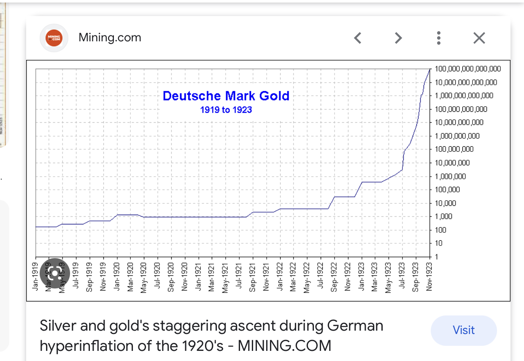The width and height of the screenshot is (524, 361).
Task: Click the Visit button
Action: pos(464,330)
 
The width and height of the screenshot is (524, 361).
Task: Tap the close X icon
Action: pos(479,38)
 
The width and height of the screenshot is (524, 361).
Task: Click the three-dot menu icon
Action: pos(439,38)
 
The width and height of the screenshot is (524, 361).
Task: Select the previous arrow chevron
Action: pos(358,38)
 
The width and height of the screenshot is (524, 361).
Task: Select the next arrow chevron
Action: pos(398,38)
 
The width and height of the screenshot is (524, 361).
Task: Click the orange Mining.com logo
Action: pos(54,38)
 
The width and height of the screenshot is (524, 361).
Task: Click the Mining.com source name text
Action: pos(110,38)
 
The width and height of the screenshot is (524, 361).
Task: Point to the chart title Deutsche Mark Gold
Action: pos(226,96)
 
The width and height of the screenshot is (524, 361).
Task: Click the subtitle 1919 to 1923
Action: pos(226,110)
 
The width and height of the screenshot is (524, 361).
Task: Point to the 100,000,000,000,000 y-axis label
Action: pos(467,69)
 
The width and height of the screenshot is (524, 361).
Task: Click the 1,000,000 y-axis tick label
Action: pos(450,176)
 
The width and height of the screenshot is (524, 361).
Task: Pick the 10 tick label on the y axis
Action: pos(439,243)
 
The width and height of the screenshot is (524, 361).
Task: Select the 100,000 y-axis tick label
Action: pos(447,190)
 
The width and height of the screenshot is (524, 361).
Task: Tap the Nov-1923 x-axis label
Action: pos(429,277)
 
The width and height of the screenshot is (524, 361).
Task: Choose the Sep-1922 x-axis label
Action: pos(334,277)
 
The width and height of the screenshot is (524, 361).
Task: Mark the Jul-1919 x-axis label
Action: pos(76,277)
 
